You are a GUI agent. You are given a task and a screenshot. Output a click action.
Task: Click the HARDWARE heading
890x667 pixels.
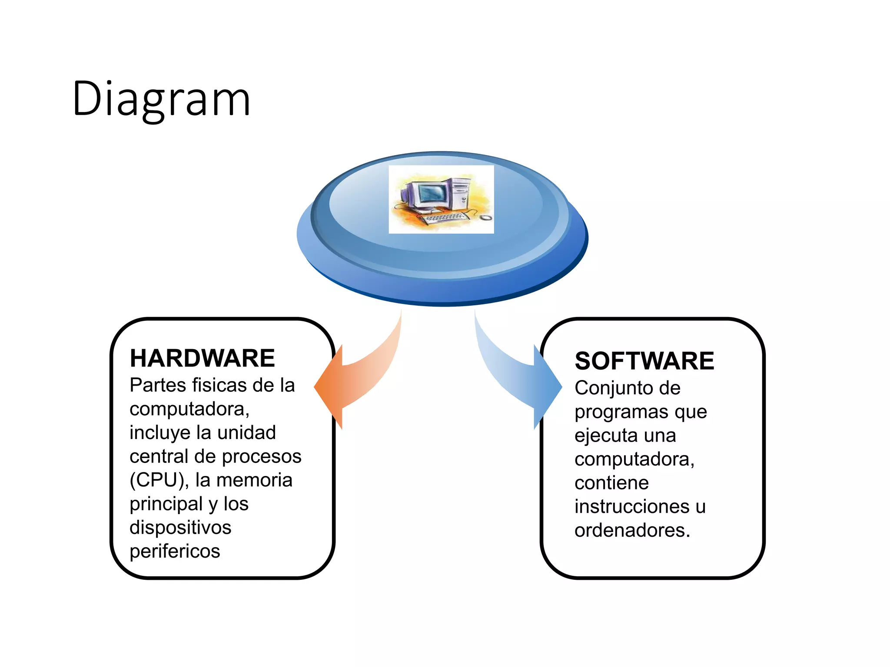coord(202,358)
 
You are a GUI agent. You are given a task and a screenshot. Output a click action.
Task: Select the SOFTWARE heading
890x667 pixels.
coord(644,361)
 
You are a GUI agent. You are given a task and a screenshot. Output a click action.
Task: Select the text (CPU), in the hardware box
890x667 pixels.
coord(159,480)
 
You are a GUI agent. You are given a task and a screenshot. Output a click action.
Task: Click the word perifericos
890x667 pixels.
coord(175,551)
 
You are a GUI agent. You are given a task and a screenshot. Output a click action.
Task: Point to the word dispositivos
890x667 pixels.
coord(180,528)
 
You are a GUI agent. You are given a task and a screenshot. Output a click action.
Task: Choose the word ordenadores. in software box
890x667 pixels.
coord(632,530)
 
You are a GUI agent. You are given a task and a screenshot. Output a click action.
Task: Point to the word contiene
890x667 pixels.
coord(611,483)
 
